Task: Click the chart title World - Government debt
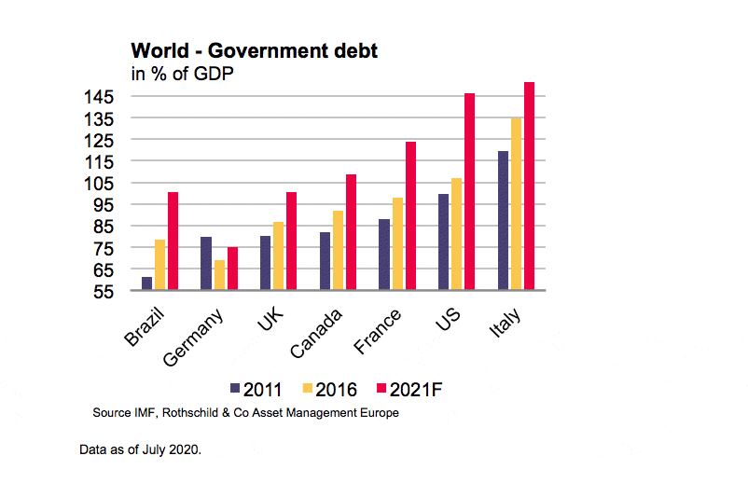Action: coord(255,51)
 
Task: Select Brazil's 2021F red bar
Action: coord(173,241)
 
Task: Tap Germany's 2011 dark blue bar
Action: coord(206,264)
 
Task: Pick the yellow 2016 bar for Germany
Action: coord(219,275)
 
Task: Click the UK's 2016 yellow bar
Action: coord(279,255)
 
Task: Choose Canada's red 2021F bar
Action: coord(351,232)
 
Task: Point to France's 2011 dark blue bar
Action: coord(383,255)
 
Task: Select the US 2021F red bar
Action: coord(469,191)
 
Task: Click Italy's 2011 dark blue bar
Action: coord(503,220)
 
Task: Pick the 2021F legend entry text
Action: coord(414,389)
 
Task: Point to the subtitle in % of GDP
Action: coord(181,75)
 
